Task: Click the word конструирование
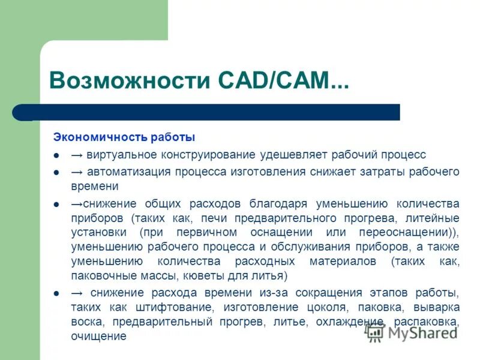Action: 208,155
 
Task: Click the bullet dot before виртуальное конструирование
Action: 56,155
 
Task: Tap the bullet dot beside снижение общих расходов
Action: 56,204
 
